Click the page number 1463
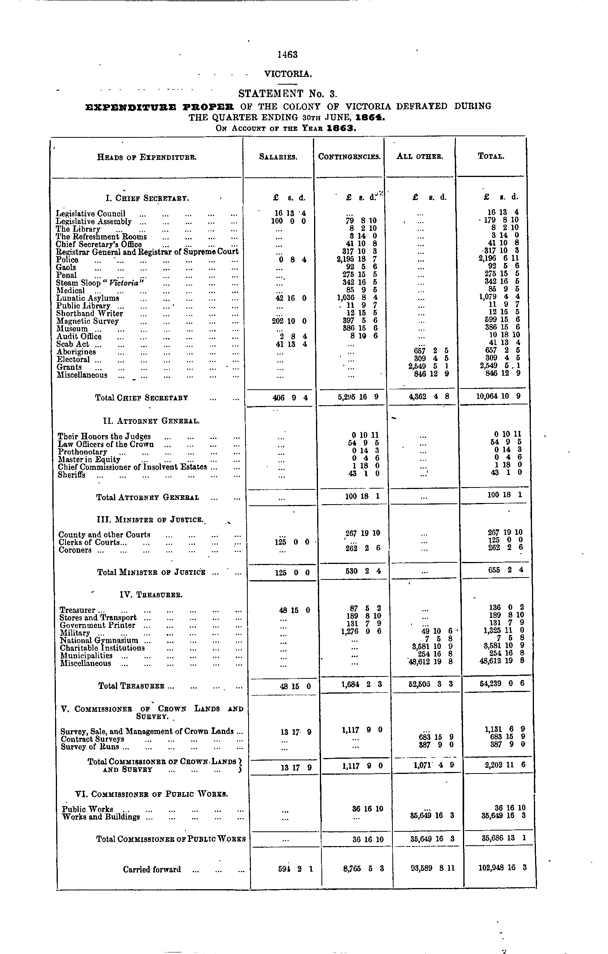(x=287, y=55)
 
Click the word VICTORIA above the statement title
(x=288, y=74)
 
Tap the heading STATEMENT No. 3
(x=288, y=94)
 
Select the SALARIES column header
(x=278, y=157)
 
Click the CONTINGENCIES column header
(x=349, y=156)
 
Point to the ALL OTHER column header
(x=420, y=156)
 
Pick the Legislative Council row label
(x=91, y=214)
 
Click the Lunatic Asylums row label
(x=88, y=298)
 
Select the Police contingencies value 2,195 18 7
(x=357, y=260)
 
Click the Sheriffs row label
(x=71, y=475)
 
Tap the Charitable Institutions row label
(x=102, y=648)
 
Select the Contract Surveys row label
(x=92, y=739)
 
